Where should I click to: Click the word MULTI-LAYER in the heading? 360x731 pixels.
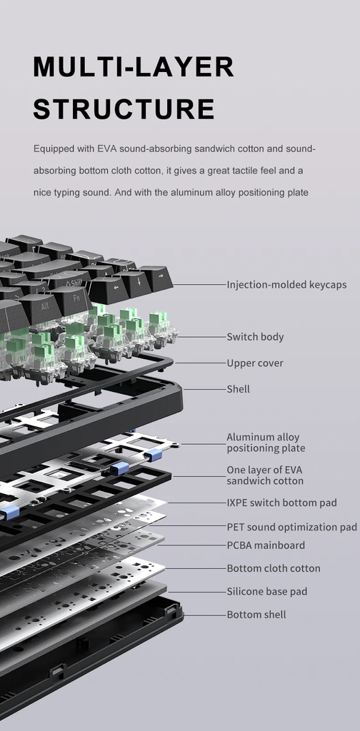tap(134, 66)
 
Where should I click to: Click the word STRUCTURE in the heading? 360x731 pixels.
tap(124, 109)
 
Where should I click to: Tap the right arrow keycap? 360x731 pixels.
tap(156, 278)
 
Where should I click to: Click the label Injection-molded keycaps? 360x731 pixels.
tap(287, 284)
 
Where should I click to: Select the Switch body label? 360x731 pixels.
tap(255, 337)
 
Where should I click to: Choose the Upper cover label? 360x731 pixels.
tap(254, 363)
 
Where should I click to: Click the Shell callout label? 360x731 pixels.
tap(239, 389)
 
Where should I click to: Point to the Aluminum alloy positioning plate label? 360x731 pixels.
tap(266, 443)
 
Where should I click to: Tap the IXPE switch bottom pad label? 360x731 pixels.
tap(281, 503)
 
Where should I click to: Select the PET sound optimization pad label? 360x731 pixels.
tap(292, 527)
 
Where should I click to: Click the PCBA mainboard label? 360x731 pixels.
tap(266, 545)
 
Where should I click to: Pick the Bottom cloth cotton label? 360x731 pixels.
tap(274, 568)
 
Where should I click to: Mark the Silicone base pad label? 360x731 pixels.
tap(267, 592)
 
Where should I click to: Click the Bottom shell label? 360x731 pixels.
tap(256, 615)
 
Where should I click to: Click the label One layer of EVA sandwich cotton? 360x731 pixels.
tap(265, 475)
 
